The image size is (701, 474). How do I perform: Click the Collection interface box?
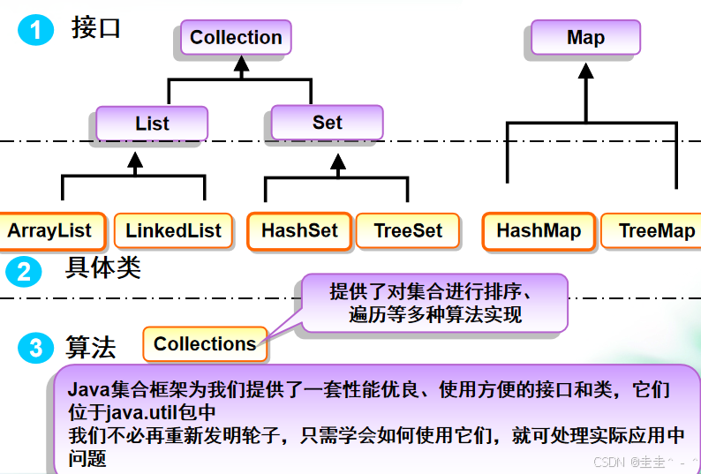pos(236,38)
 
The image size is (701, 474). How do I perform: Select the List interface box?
pos(152,124)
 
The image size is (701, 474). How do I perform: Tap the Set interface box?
pos(327,123)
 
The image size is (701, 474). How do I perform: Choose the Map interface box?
pos(585,38)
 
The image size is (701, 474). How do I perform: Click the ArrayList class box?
pos(50,231)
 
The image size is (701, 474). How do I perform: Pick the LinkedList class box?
pos(173,231)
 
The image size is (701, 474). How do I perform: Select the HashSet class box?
pos(299,231)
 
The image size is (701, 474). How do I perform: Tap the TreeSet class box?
pos(408,231)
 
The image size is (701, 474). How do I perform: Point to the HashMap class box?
pos(539,231)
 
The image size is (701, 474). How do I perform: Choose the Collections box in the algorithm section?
pos(205,344)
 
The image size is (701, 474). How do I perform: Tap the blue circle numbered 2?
pos(24,271)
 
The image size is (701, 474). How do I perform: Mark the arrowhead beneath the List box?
pos(134,161)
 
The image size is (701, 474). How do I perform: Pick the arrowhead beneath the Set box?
pos(336,161)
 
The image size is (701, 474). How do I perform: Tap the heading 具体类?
pos(102,267)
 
